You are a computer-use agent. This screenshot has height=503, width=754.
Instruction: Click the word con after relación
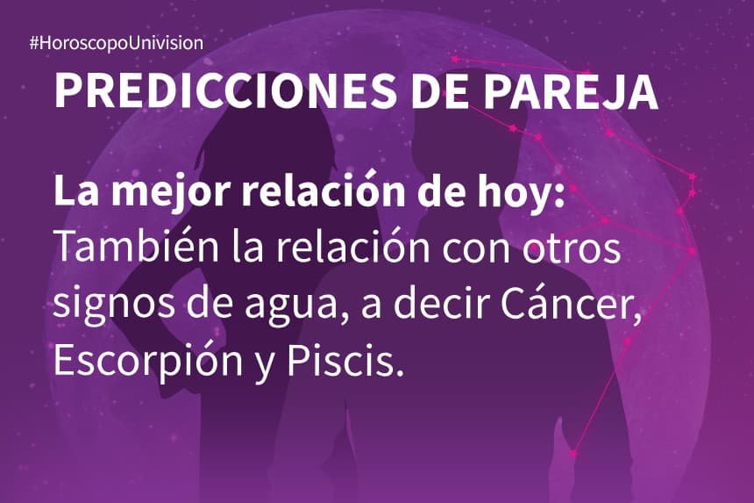coord(471,248)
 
